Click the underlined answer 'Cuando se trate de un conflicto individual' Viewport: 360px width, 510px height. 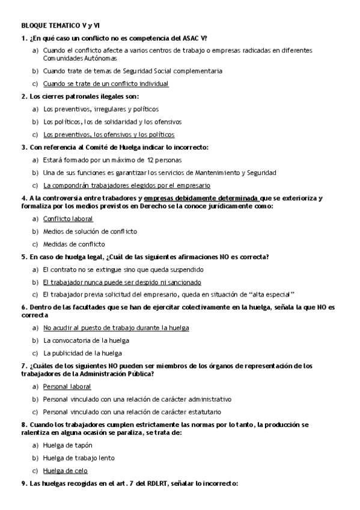106,84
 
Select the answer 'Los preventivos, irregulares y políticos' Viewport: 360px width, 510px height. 101,109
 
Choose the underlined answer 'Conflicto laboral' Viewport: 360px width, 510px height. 68,218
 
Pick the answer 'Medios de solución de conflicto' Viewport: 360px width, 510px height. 90,231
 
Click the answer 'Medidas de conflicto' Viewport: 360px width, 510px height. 74,244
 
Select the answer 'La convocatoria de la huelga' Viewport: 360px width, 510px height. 87,340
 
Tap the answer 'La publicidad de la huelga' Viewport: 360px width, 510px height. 82,353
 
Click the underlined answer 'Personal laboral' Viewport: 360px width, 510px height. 67,386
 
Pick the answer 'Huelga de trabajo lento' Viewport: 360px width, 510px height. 79,458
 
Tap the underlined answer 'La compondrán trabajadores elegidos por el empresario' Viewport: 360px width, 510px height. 127,185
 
